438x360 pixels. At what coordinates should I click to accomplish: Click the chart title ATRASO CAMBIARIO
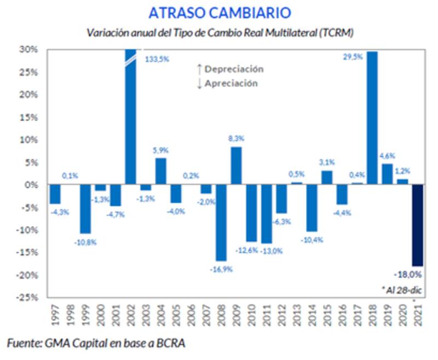(218, 13)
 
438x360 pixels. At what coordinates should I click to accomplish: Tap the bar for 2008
(221, 223)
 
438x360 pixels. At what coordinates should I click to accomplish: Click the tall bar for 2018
(372, 118)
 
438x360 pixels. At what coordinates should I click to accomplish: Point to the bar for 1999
(85, 209)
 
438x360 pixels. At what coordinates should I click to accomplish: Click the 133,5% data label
(157, 59)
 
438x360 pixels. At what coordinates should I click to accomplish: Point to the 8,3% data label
(236, 139)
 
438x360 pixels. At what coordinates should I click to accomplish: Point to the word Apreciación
(230, 84)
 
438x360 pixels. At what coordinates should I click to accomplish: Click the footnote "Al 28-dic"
(405, 288)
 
